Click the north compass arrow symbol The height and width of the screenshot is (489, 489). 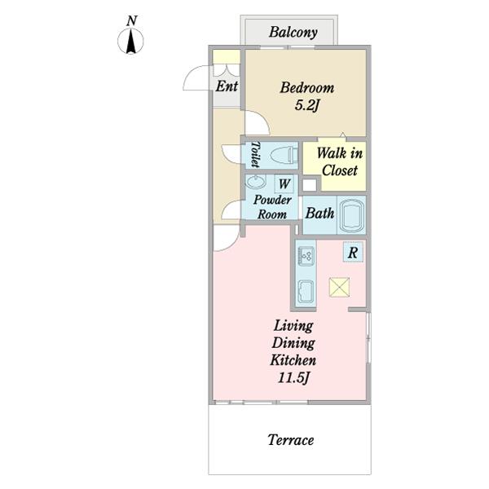coord(130,41)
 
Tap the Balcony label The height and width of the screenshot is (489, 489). coord(293,32)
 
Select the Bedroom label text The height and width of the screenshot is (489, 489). coord(307,88)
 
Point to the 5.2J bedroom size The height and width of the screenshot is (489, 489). coord(307,106)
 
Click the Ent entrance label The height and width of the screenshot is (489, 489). coord(227,86)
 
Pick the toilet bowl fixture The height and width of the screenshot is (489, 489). coord(284,155)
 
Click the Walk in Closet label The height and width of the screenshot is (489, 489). coord(340,162)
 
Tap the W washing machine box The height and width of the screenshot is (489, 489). coord(284,184)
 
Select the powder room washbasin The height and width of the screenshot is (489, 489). coord(255,181)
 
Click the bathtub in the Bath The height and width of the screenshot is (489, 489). coord(351,215)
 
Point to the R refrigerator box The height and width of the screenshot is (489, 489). coord(353,252)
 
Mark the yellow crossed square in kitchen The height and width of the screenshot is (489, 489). coord(339,287)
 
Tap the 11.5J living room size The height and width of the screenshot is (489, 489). coord(293,378)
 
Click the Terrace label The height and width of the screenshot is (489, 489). coord(291,440)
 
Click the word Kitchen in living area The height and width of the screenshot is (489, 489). coord(293,360)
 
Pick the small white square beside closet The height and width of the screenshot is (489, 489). coord(310,185)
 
